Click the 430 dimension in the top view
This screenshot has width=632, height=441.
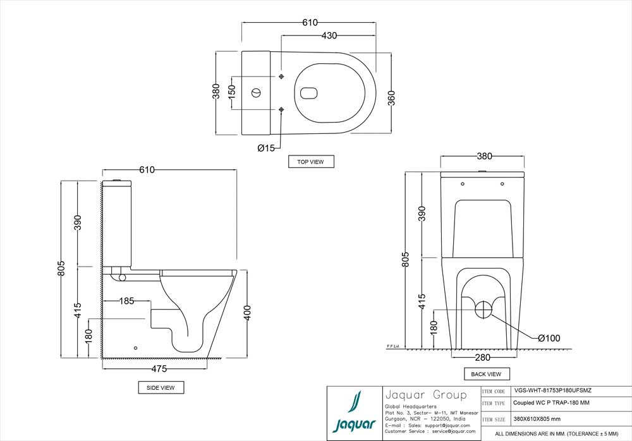coord(329,36)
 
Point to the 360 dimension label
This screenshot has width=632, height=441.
coord(391,99)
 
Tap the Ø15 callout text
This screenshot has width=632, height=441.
coord(266,148)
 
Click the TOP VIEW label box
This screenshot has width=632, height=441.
coord(310,162)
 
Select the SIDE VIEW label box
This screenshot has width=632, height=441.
coord(161,387)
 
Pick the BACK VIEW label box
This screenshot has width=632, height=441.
coord(486,374)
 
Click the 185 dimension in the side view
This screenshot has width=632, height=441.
coord(127,301)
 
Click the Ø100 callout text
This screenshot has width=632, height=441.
coord(549,339)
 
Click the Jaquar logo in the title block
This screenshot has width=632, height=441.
coord(354,413)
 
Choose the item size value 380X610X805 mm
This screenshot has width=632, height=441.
coord(538,419)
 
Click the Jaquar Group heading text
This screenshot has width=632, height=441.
coord(425,396)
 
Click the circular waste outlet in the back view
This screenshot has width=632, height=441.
coord(483,310)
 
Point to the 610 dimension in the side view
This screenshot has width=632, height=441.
coord(147,170)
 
